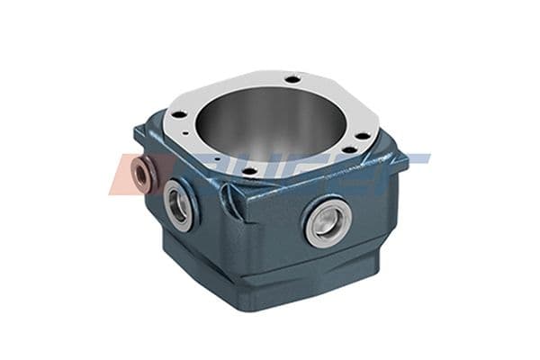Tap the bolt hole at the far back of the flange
point(292,80)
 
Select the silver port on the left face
point(179,203)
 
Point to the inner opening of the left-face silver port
point(180,204)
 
